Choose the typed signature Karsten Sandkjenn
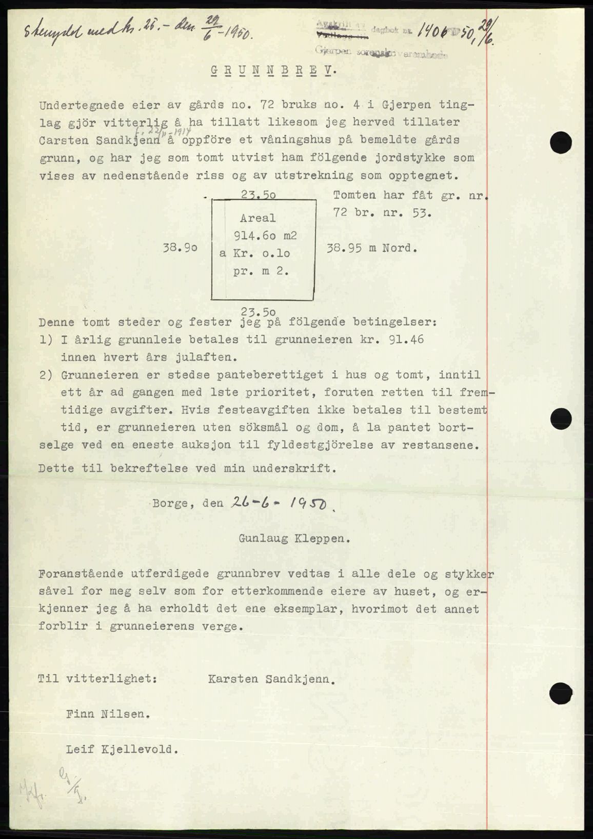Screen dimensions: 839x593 point(272,680)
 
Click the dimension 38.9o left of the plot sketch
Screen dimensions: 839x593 point(180,248)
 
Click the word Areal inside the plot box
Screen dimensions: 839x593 point(258,218)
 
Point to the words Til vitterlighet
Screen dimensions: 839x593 point(97,680)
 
